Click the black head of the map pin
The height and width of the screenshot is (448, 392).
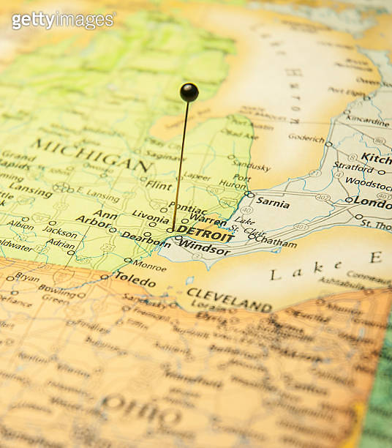(189, 92)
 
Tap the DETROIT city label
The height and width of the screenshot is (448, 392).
(205, 232)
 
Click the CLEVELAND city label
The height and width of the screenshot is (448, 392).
(229, 299)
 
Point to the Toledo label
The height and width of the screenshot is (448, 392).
(135, 281)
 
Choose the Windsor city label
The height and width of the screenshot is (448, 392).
(204, 248)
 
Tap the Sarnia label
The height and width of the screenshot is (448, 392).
(273, 203)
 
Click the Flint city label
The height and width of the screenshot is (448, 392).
(159, 184)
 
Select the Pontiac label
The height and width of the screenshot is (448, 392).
(188, 209)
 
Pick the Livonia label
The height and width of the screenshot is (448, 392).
(150, 216)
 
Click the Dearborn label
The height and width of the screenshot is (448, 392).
(145, 236)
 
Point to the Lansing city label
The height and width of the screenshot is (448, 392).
(30, 191)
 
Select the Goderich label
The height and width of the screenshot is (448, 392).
(306, 138)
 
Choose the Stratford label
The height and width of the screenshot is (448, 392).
(353, 167)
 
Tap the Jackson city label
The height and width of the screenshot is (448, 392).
(60, 232)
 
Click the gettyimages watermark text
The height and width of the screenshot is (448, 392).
(63, 20)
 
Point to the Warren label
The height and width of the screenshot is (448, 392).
(208, 218)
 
